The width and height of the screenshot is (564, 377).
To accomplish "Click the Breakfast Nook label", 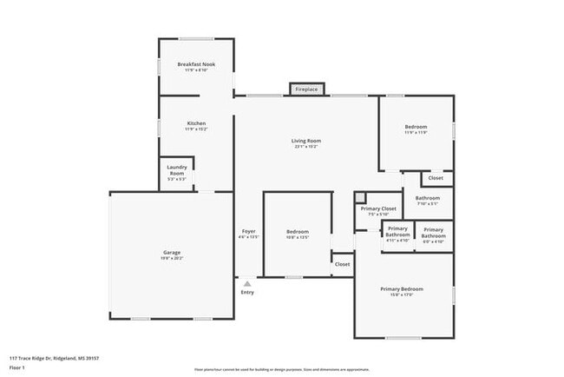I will (x=195, y=66).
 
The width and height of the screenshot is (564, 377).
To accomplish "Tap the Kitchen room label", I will (x=196, y=125).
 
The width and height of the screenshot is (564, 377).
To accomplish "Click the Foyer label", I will (x=248, y=232).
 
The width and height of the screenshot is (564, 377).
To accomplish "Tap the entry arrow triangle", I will (x=248, y=283).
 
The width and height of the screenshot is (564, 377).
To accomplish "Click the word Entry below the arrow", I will (x=248, y=293).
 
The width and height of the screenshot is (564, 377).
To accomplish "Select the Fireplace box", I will (x=306, y=89).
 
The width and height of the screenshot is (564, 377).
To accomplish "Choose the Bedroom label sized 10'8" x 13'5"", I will (x=298, y=233).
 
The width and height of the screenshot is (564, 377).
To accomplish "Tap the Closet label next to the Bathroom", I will (x=436, y=178).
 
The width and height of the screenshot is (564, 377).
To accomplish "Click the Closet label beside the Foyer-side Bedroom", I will (x=342, y=264).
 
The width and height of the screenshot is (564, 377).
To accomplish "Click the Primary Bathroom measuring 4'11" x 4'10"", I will (x=397, y=232).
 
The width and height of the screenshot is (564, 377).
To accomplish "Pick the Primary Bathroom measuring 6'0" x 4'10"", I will (x=433, y=232).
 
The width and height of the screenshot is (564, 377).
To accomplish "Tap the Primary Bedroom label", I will (x=401, y=290).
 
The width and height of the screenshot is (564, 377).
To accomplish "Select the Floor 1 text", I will (x=16, y=369).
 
